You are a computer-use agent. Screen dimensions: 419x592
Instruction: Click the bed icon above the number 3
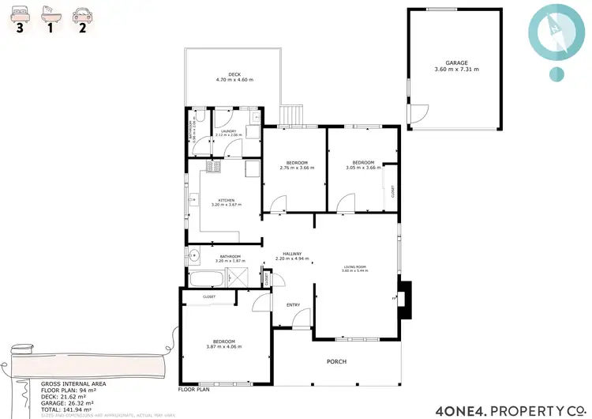[x=19, y=13]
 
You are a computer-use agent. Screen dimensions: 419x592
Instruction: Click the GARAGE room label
[x=455, y=62]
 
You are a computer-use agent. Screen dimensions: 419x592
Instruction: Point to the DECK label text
[x=234, y=74]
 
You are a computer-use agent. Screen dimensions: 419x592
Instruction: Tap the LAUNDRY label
[x=229, y=131]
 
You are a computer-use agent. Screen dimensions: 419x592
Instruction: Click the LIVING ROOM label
[x=355, y=267]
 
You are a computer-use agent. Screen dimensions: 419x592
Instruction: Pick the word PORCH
[x=337, y=361]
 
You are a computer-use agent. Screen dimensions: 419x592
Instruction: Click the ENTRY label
[x=293, y=304]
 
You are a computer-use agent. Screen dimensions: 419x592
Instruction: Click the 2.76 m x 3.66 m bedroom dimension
[x=297, y=168]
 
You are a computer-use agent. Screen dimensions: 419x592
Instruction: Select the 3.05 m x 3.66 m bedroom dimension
[x=363, y=168]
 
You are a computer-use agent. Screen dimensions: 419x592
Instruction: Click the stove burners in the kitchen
[x=211, y=166]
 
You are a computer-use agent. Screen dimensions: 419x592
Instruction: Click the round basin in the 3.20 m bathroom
[x=193, y=255]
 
